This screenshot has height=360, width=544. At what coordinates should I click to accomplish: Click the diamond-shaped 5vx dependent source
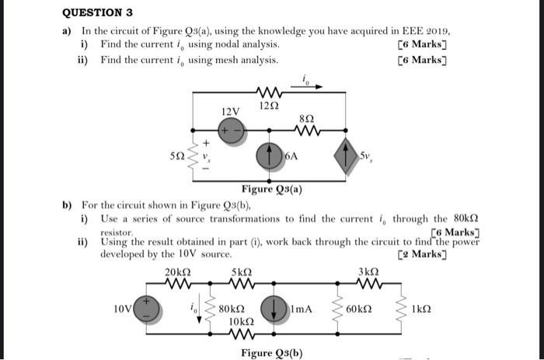click(x=344, y=156)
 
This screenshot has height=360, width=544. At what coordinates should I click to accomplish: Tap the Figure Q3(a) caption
click(x=271, y=189)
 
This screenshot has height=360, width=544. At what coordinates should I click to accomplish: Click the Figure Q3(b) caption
click(x=271, y=352)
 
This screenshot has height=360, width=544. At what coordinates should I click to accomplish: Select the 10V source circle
click(x=148, y=309)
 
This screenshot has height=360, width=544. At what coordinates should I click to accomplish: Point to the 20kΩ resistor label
click(x=178, y=273)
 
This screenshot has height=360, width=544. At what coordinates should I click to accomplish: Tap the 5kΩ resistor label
click(x=240, y=273)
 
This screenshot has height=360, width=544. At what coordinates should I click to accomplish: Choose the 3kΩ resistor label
click(x=368, y=272)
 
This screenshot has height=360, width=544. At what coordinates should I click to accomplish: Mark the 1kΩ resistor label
click(x=421, y=309)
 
